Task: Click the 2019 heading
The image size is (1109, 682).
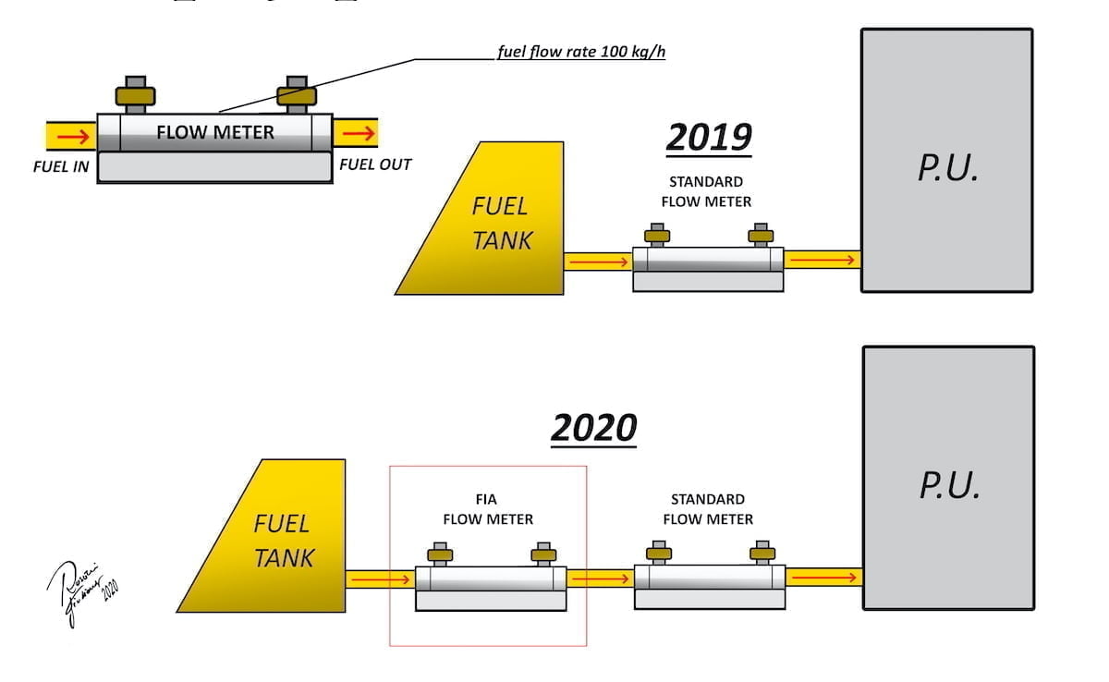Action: pyautogui.click(x=708, y=138)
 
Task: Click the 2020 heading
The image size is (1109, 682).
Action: pyautogui.click(x=594, y=428)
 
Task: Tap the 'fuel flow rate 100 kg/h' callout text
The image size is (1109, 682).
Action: pyautogui.click(x=580, y=52)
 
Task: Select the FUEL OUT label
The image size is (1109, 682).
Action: pyautogui.click(x=375, y=164)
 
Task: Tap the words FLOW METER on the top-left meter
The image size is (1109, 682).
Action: pyautogui.click(x=215, y=132)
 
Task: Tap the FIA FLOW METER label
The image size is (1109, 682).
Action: pyautogui.click(x=488, y=510)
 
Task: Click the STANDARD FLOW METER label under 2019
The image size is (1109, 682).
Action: pyautogui.click(x=706, y=191)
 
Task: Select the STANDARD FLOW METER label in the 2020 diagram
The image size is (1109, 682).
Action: pyautogui.click(x=708, y=509)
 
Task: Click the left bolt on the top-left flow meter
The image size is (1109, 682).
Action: pyautogui.click(x=135, y=94)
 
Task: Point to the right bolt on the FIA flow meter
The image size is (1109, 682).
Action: pyautogui.click(x=543, y=554)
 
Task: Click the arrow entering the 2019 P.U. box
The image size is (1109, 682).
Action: pyautogui.click(x=822, y=260)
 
